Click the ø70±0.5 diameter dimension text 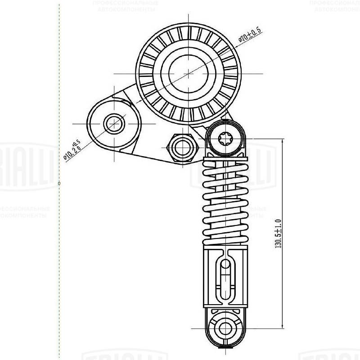[x=250, y=35]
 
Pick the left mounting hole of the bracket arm [x=113, y=123]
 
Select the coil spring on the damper [x=226, y=202]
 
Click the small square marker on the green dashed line [x=59, y=183]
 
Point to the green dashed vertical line [x=59, y=270]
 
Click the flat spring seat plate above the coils [x=226, y=158]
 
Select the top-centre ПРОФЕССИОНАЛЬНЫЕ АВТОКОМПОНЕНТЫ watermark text [x=125, y=6]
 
